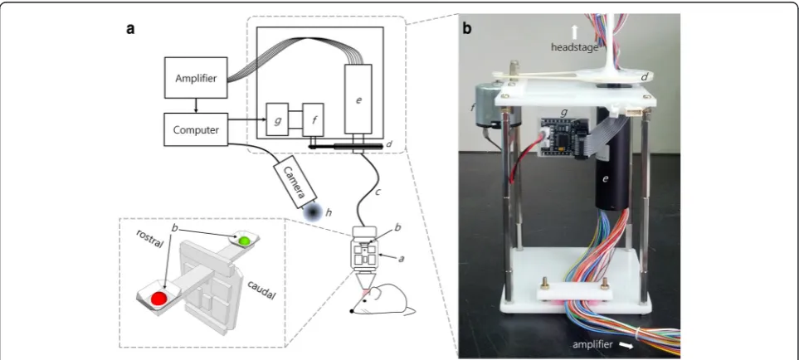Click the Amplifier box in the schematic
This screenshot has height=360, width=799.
point(196,78)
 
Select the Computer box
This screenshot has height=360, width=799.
point(196,129)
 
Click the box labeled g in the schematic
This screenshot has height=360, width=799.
point(277,119)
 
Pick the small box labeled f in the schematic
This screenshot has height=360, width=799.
point(312,119)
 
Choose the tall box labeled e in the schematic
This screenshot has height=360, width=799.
point(358,99)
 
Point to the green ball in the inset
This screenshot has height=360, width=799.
point(245,240)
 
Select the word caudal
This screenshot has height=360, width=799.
point(260,289)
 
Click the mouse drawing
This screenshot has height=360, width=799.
point(382,300)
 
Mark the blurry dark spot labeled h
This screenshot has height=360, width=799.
point(311,212)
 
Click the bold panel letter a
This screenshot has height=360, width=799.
point(131,29)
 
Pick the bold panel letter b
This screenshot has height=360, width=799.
point(467,29)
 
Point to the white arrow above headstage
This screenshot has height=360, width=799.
point(574,33)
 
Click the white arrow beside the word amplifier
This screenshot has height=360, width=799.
point(626,346)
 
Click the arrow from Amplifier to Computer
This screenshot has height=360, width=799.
point(196,106)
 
